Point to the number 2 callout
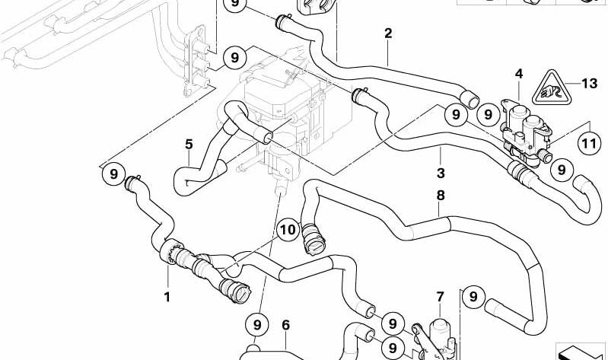click(x=388, y=33)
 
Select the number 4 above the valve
click(x=518, y=74)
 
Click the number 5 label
click(x=188, y=142)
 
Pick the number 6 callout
click(x=285, y=325)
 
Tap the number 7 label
click(x=439, y=296)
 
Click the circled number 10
click(x=288, y=230)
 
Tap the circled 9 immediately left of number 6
click(x=257, y=326)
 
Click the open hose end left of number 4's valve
click(x=471, y=100)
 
